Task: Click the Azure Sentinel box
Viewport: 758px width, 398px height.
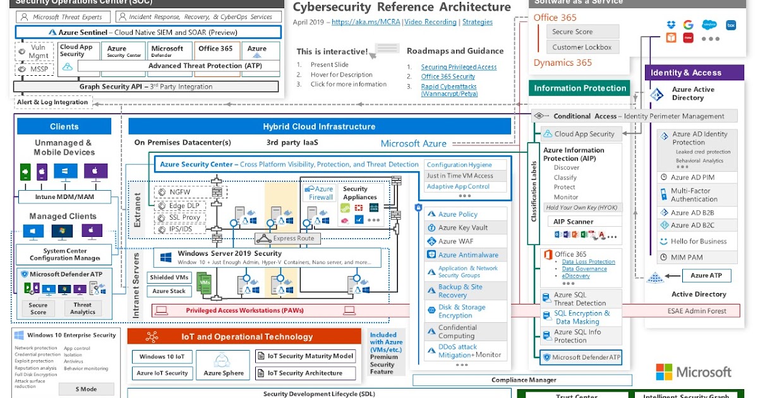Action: [x=148, y=32]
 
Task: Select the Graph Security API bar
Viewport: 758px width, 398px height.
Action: [x=146, y=87]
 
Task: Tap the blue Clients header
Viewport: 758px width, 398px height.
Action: [x=64, y=126]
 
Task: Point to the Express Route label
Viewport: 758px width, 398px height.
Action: [x=288, y=238]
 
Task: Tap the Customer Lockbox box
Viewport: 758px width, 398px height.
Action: [x=582, y=47]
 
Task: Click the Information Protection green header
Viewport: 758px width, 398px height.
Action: [x=579, y=88]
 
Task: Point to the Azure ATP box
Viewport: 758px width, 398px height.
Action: [x=706, y=275]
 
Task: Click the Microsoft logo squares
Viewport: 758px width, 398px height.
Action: [x=663, y=371]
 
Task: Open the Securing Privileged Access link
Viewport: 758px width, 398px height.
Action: [x=459, y=67]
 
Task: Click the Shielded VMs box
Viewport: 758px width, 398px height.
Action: [x=169, y=277]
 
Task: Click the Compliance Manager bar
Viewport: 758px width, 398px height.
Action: [x=524, y=380]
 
